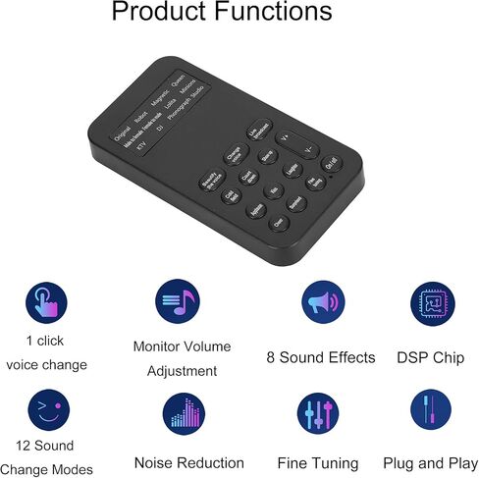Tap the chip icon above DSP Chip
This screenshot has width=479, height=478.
[433, 303]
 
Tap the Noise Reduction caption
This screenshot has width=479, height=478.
[188, 462]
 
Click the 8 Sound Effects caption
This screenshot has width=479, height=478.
[321, 357]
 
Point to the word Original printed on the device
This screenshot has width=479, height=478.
[123, 133]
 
